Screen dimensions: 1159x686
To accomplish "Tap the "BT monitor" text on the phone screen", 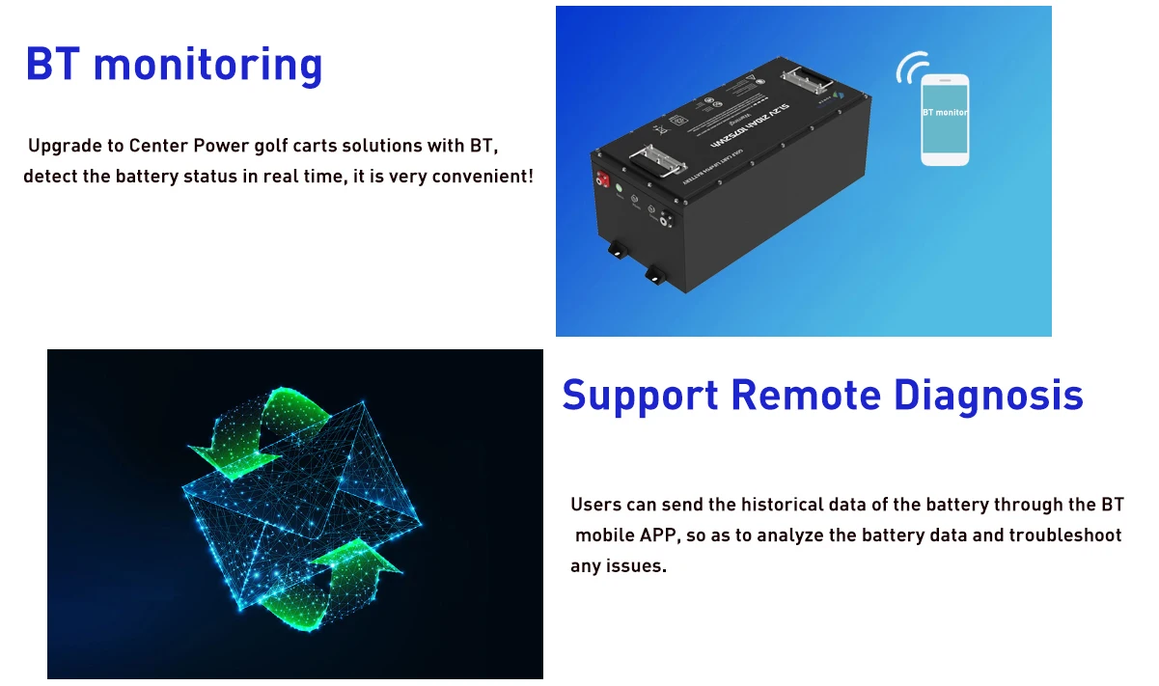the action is click(945, 113).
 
